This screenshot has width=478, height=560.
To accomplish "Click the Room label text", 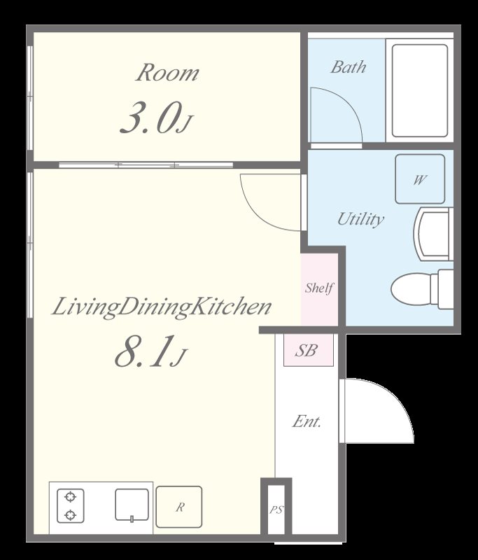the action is (167, 73).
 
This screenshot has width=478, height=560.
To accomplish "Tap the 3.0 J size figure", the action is (156, 118).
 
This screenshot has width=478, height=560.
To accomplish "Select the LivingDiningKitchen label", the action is (162, 307).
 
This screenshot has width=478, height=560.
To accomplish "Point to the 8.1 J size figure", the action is (150, 351).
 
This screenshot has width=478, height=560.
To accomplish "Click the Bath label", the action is (348, 66).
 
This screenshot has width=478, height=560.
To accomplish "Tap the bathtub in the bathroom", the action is (420, 91).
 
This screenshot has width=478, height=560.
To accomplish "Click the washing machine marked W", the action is (420, 179).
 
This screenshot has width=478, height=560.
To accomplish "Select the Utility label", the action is (360, 219).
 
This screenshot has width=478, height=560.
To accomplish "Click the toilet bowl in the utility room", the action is (422, 289).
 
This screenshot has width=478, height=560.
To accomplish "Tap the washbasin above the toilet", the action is (433, 234).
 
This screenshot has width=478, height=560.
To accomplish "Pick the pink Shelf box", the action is (319, 289).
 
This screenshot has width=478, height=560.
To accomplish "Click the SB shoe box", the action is (309, 350).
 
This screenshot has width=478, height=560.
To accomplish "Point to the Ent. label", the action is (307, 421).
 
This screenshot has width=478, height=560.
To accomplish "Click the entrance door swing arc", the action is (396, 396).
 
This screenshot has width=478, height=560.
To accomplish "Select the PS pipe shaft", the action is (276, 509).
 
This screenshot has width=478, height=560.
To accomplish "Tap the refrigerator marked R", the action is (179, 507).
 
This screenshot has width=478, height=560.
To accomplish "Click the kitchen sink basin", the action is (132, 505).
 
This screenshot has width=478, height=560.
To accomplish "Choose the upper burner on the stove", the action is (70, 497).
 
